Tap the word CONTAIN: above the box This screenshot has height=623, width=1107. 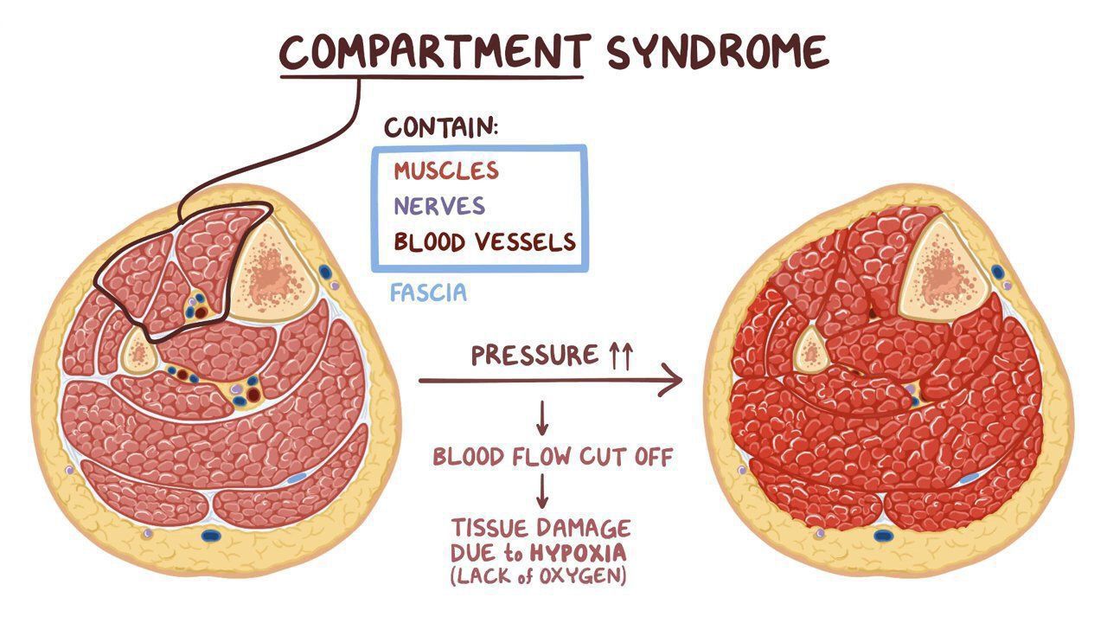coord(441,128)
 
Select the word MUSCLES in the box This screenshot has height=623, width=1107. coord(446,170)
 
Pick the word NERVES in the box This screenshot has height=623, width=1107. coord(438,206)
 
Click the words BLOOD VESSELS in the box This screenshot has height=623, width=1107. coord(484,241)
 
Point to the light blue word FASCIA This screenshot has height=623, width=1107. coord(428,292)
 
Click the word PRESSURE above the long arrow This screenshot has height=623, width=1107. coord(534,356)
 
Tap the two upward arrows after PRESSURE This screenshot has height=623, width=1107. coord(621,355)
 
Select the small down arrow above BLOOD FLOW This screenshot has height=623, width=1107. coord(542,420)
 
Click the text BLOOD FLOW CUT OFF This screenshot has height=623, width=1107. coord(552,457)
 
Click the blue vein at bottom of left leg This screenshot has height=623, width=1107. coord(210,535)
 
